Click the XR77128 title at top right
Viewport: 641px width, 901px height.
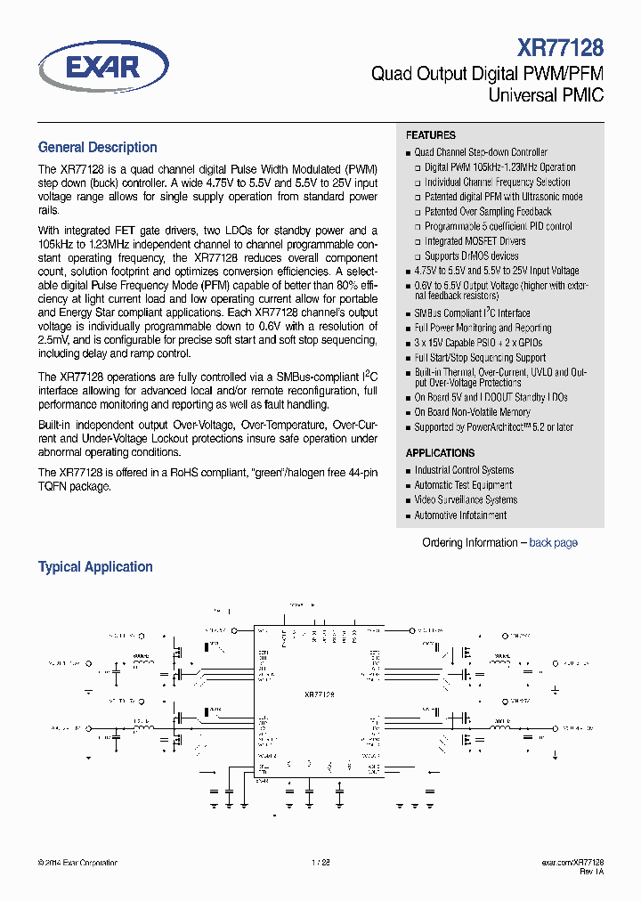pyautogui.click(x=561, y=47)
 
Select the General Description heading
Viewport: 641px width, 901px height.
pyautogui.click(x=98, y=148)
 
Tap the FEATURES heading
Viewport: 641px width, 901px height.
pyautogui.click(x=431, y=135)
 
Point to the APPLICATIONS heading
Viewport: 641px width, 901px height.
pyautogui.click(x=441, y=453)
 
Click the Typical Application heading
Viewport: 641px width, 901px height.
pyautogui.click(x=95, y=567)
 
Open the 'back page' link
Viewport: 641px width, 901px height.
pyautogui.click(x=553, y=543)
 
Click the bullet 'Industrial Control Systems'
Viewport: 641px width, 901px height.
pyautogui.click(x=464, y=470)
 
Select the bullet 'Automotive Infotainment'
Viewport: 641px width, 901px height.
pyautogui.click(x=460, y=515)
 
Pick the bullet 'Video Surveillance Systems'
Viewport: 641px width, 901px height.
pyautogui.click(x=465, y=500)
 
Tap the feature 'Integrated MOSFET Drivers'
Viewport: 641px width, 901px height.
pyautogui.click(x=475, y=241)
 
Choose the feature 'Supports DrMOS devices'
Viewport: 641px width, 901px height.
pyautogui.click(x=471, y=256)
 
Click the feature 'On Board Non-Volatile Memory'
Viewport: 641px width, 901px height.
pyautogui.click(x=472, y=412)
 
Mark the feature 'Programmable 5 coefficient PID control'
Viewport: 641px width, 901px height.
pyautogui.click(x=498, y=227)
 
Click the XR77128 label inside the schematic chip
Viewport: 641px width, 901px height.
pyautogui.click(x=319, y=694)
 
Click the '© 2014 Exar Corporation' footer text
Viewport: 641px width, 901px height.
pyautogui.click(x=77, y=863)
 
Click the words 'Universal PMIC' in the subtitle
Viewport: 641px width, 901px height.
pyautogui.click(x=546, y=94)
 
